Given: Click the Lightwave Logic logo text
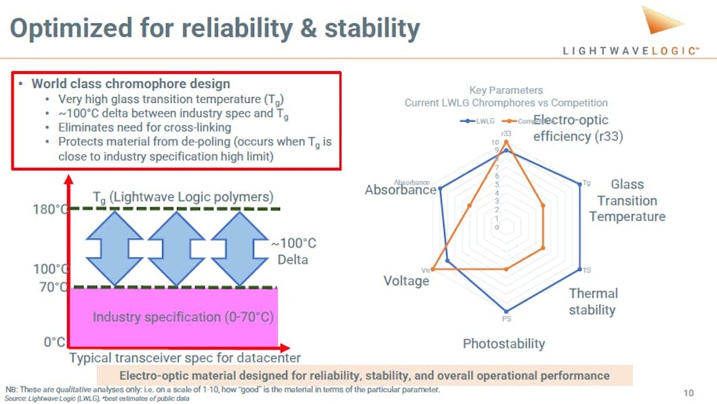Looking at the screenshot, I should [x=630, y=51].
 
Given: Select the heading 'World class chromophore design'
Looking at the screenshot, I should [x=131, y=84].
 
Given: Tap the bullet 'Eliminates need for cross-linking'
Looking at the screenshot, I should [x=144, y=127].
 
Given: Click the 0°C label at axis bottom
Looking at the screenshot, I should [x=54, y=342].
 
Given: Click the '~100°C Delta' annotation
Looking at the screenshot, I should [x=293, y=251].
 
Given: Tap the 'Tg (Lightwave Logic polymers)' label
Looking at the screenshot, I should [x=183, y=197].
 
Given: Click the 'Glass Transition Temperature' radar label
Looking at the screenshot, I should [x=627, y=200].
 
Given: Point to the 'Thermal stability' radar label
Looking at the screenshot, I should [x=592, y=302].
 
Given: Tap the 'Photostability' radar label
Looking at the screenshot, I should [x=504, y=344].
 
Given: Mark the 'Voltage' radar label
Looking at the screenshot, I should [x=406, y=281].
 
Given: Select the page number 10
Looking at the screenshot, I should [x=688, y=393].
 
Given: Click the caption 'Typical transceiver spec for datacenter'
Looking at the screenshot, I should [x=184, y=358].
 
